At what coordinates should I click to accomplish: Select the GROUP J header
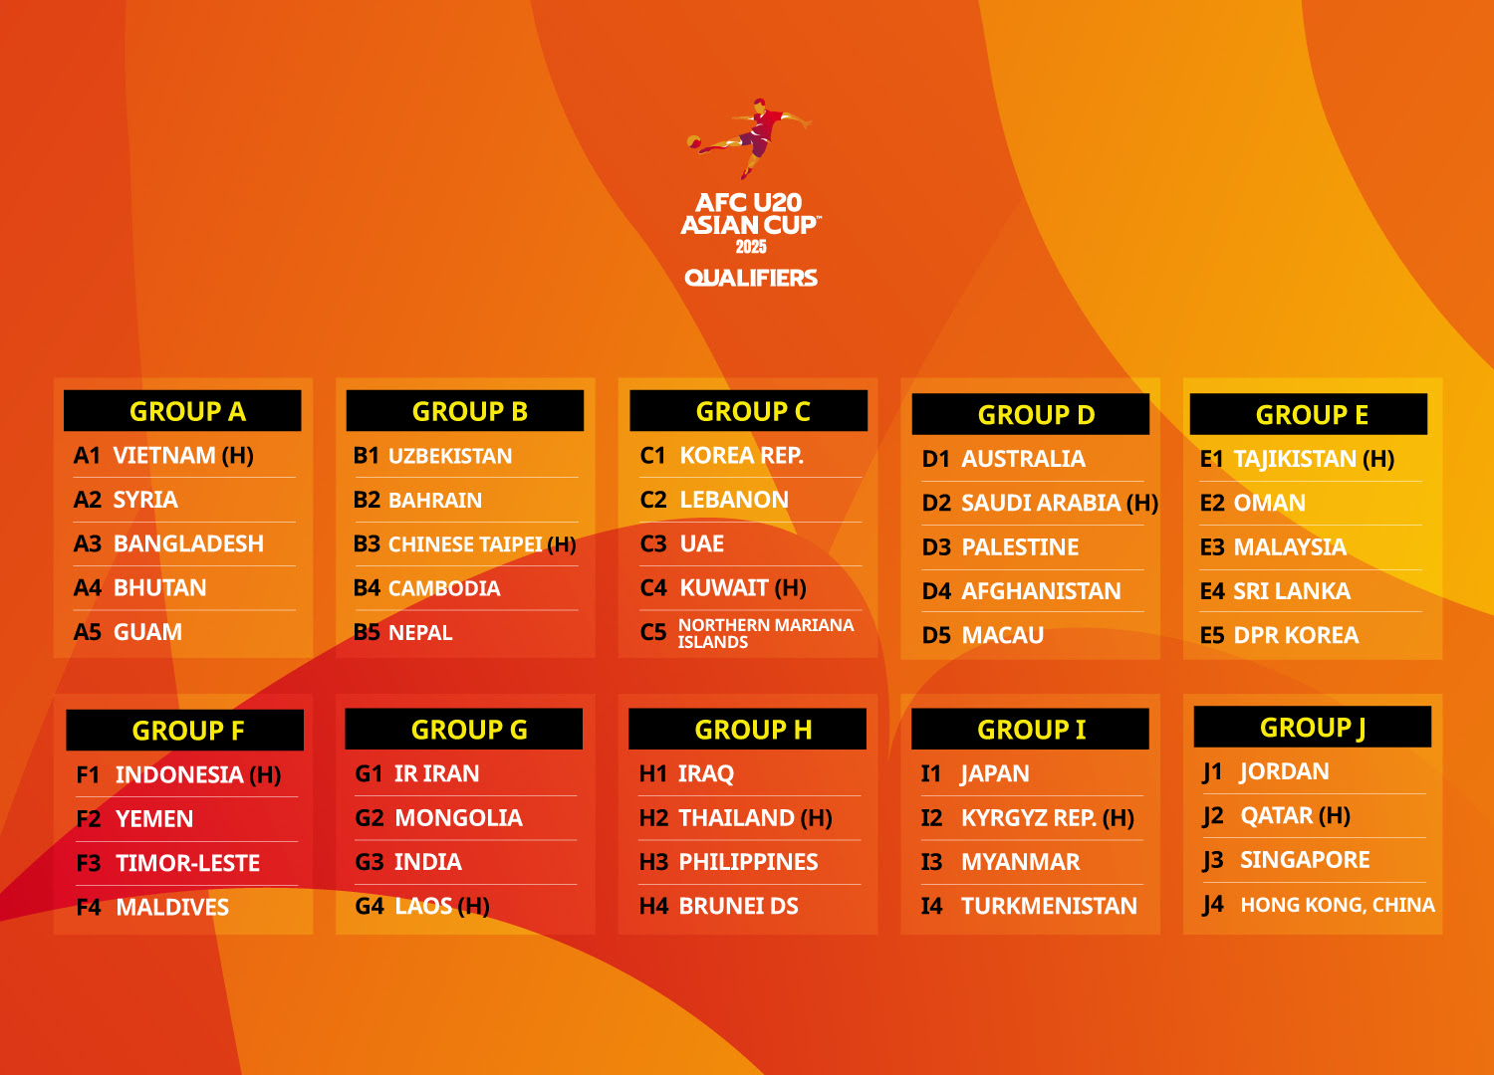(1312, 727)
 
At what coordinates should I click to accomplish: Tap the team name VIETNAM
(164, 455)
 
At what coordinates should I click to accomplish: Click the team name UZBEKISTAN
(450, 456)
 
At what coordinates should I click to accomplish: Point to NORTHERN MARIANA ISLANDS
(766, 633)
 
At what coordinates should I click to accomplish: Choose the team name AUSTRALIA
(1023, 459)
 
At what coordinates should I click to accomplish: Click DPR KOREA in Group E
(1296, 634)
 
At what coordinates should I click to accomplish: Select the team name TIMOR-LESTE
(187, 863)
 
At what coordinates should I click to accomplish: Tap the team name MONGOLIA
(459, 818)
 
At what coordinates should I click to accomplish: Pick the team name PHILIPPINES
(748, 862)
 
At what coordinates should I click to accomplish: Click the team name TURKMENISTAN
(1049, 906)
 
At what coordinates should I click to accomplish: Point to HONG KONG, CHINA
(1338, 905)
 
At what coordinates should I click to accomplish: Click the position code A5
(88, 632)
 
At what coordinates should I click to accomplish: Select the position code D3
(936, 547)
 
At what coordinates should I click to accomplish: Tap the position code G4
(370, 906)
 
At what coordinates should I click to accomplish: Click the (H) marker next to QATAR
(1335, 815)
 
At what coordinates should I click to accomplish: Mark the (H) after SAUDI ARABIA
(1142, 503)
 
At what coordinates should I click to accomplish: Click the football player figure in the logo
(749, 138)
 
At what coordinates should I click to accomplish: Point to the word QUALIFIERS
(751, 278)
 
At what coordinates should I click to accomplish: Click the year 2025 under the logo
(751, 247)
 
